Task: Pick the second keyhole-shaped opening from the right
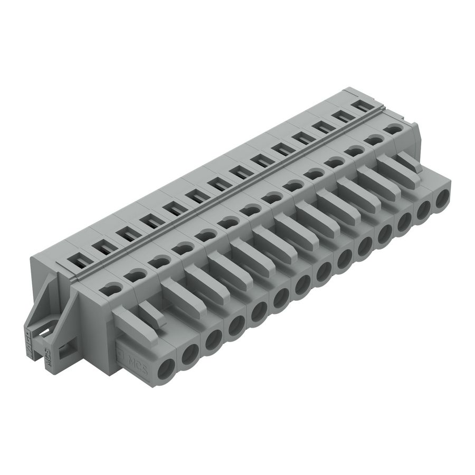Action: [x=374, y=139]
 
